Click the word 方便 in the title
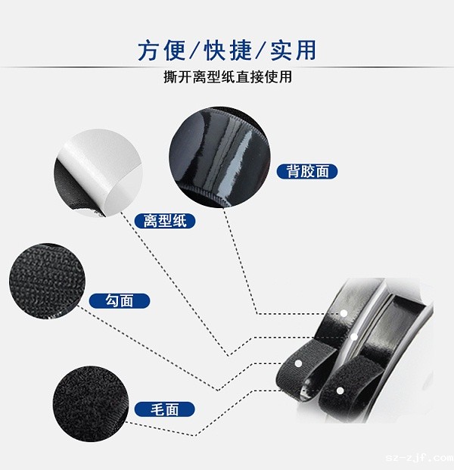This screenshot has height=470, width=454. pyautogui.click(x=160, y=51)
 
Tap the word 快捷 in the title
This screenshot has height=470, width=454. pyautogui.click(x=226, y=51)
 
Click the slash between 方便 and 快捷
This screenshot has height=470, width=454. pyautogui.click(x=193, y=51)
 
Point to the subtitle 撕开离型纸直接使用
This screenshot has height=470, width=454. pyautogui.click(x=227, y=78)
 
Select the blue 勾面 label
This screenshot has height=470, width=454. pyautogui.click(x=120, y=300)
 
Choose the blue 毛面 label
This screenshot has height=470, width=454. pyautogui.click(x=164, y=409)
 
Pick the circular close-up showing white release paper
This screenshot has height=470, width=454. pyautogui.click(x=97, y=174)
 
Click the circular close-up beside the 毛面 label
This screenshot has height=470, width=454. pyautogui.click(x=89, y=399)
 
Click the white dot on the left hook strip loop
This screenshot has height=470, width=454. pyautogui.click(x=298, y=364)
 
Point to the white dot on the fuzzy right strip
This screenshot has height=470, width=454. pyautogui.click(x=340, y=391)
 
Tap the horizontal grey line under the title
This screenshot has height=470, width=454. pyautogui.click(x=227, y=67)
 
